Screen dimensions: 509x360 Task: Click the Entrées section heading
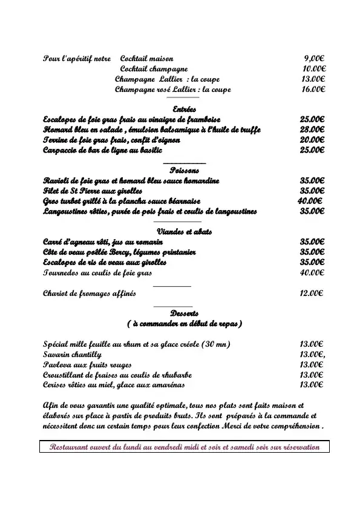[184, 110]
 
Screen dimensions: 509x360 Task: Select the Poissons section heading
[185, 171]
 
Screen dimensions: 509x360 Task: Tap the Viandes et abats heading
[184, 232]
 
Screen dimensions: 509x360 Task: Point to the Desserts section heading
[185, 314]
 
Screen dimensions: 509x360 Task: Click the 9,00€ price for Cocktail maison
[314, 59]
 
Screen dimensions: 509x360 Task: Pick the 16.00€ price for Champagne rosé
[313, 90]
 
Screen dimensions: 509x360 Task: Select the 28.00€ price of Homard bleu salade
[312, 130]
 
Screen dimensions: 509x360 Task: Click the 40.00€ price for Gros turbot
[310, 201]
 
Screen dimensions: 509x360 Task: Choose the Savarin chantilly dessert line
[73, 354]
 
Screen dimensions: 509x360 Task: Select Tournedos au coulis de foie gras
[97, 273]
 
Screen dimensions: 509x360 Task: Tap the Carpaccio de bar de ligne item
[100, 150]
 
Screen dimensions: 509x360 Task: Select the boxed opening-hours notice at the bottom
[184, 447]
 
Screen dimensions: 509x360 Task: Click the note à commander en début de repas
[185, 324]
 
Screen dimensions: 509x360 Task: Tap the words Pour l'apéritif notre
[77, 59]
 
